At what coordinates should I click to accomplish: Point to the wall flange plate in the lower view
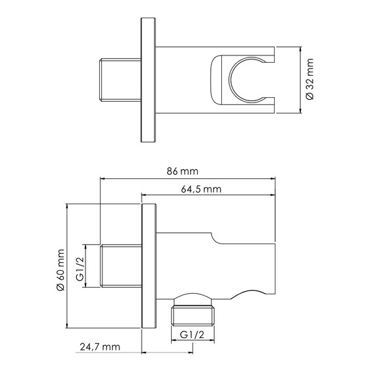coord(148,268)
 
